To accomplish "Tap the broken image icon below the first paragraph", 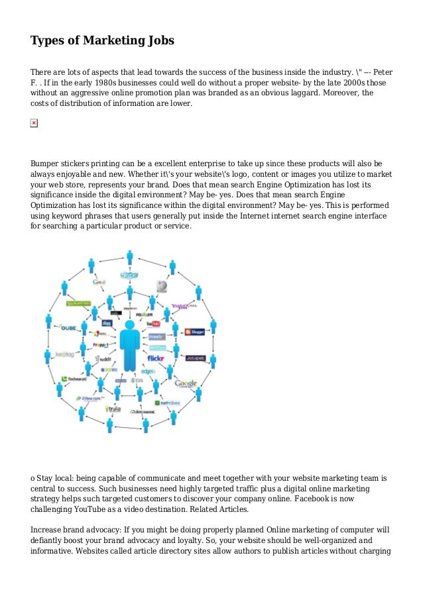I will (34, 123).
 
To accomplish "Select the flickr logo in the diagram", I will (156, 358).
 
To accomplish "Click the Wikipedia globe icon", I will (161, 286).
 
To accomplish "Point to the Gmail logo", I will (99, 282).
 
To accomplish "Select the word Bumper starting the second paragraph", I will (47, 163).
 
